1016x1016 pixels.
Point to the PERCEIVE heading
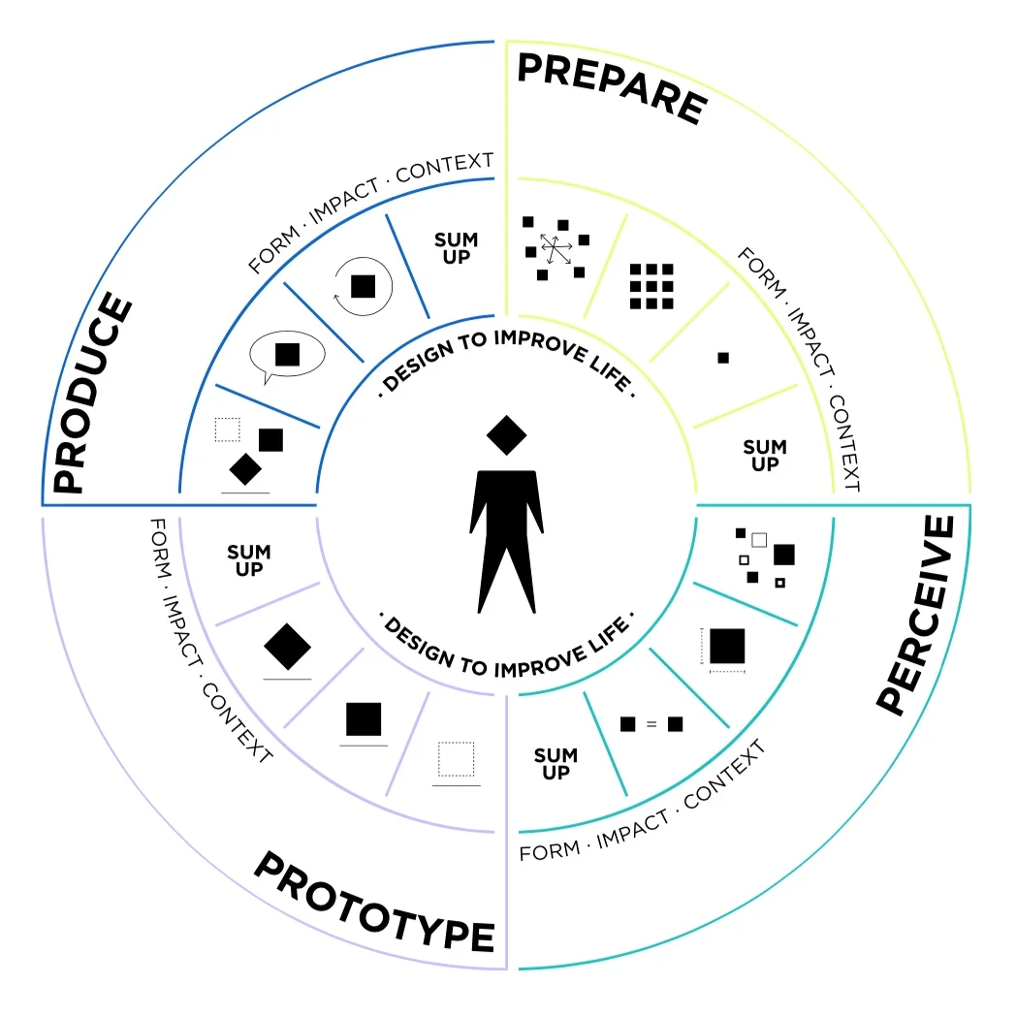915,616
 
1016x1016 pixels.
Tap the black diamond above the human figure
506,435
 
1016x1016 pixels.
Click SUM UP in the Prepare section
764,456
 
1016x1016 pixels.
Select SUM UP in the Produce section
456,248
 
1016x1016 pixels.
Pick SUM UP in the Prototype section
249,560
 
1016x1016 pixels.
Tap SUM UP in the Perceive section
556,764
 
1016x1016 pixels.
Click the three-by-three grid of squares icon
651,287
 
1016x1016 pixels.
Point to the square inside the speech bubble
287,354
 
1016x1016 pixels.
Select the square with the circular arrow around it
363,286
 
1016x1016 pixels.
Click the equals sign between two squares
651,724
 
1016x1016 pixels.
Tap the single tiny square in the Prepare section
723,358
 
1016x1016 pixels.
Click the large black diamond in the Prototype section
287,646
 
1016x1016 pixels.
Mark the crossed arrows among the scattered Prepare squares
556,249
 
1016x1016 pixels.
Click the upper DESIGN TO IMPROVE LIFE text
506,361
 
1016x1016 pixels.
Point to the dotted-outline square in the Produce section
227,429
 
